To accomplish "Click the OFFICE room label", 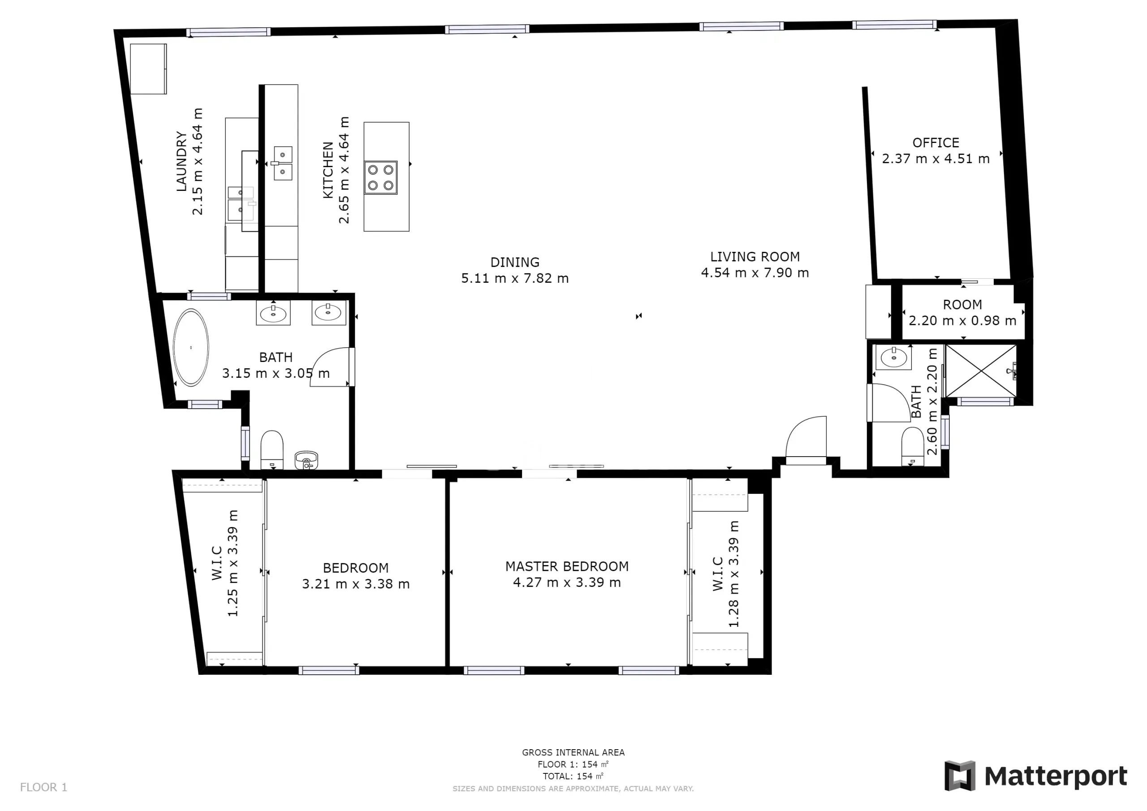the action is click(936, 143).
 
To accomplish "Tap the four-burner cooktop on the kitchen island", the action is click(381, 177).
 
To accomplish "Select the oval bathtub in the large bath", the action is click(191, 348).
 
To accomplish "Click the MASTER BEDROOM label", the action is click(567, 567).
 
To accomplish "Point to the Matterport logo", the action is click(1035, 776).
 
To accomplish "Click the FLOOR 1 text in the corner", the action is click(43, 788).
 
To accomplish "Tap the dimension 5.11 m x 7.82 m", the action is click(515, 278).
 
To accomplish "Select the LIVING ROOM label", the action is click(755, 257).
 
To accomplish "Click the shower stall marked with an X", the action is click(981, 371).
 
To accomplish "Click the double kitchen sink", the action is click(283, 164).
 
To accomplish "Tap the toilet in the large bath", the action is click(272, 450).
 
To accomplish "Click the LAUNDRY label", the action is click(181, 161).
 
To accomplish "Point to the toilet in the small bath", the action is click(913, 446).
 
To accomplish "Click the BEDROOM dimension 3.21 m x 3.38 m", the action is click(356, 584).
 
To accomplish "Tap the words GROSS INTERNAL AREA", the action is click(573, 753).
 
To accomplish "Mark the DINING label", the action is click(515, 262).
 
